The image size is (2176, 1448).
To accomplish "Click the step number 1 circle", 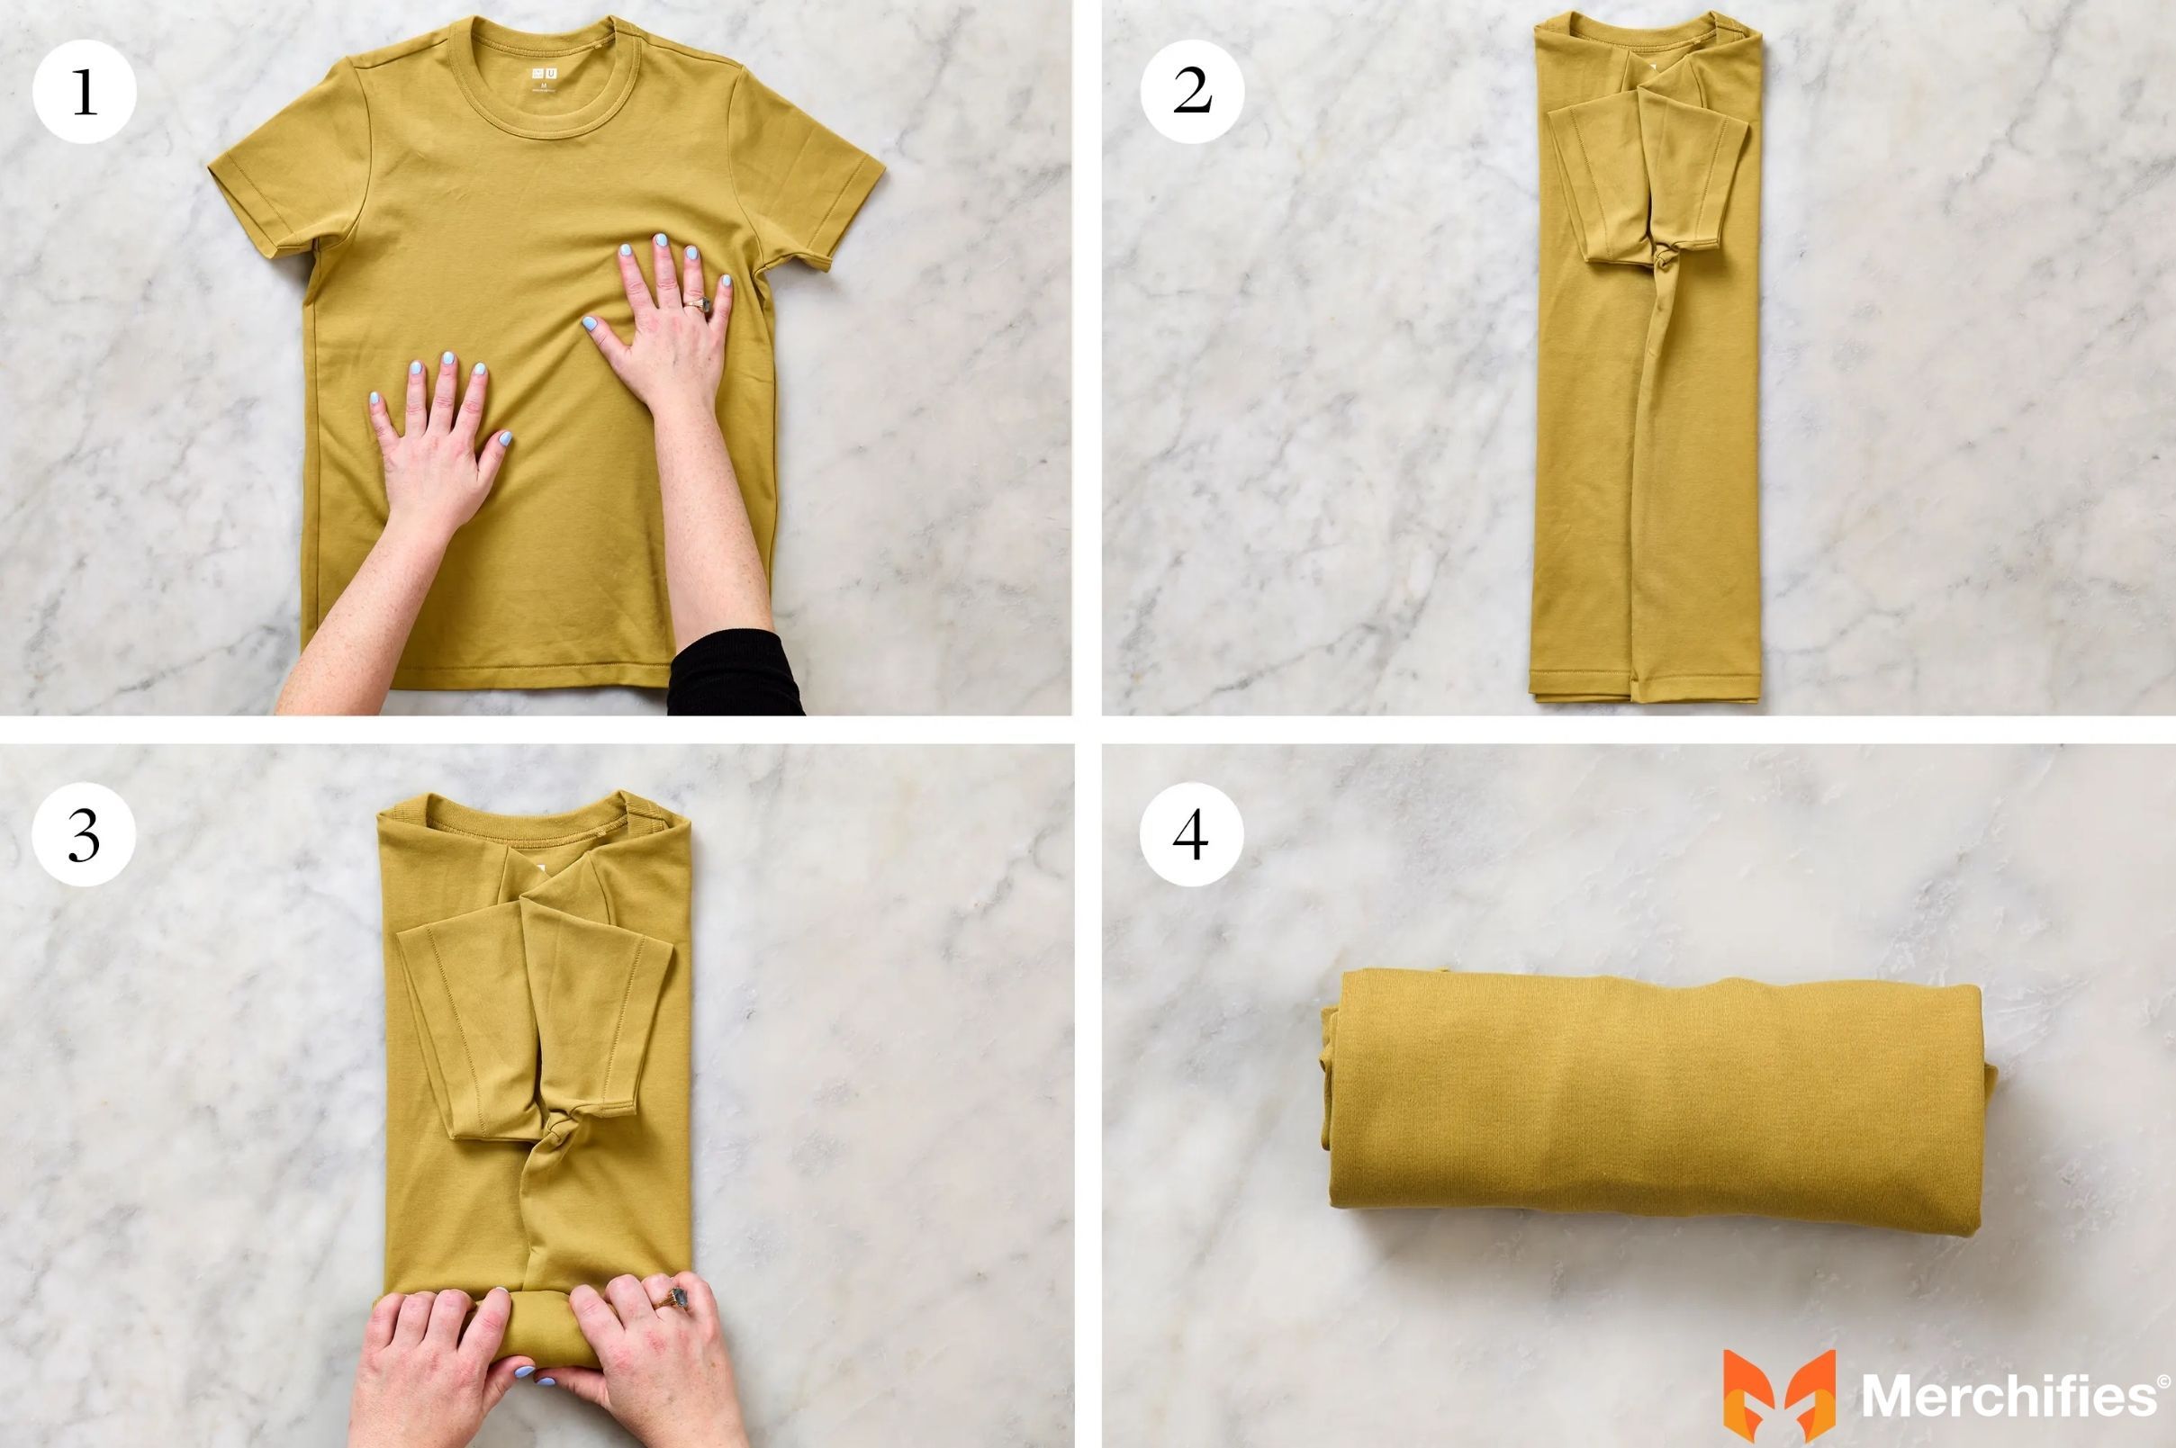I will (x=84, y=92).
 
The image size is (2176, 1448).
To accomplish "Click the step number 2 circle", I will (x=1191, y=92).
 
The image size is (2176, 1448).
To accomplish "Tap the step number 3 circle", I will (x=84, y=835).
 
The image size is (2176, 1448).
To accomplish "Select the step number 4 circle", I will (x=1191, y=835).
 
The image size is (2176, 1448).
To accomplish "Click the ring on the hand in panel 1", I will (x=699, y=304).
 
